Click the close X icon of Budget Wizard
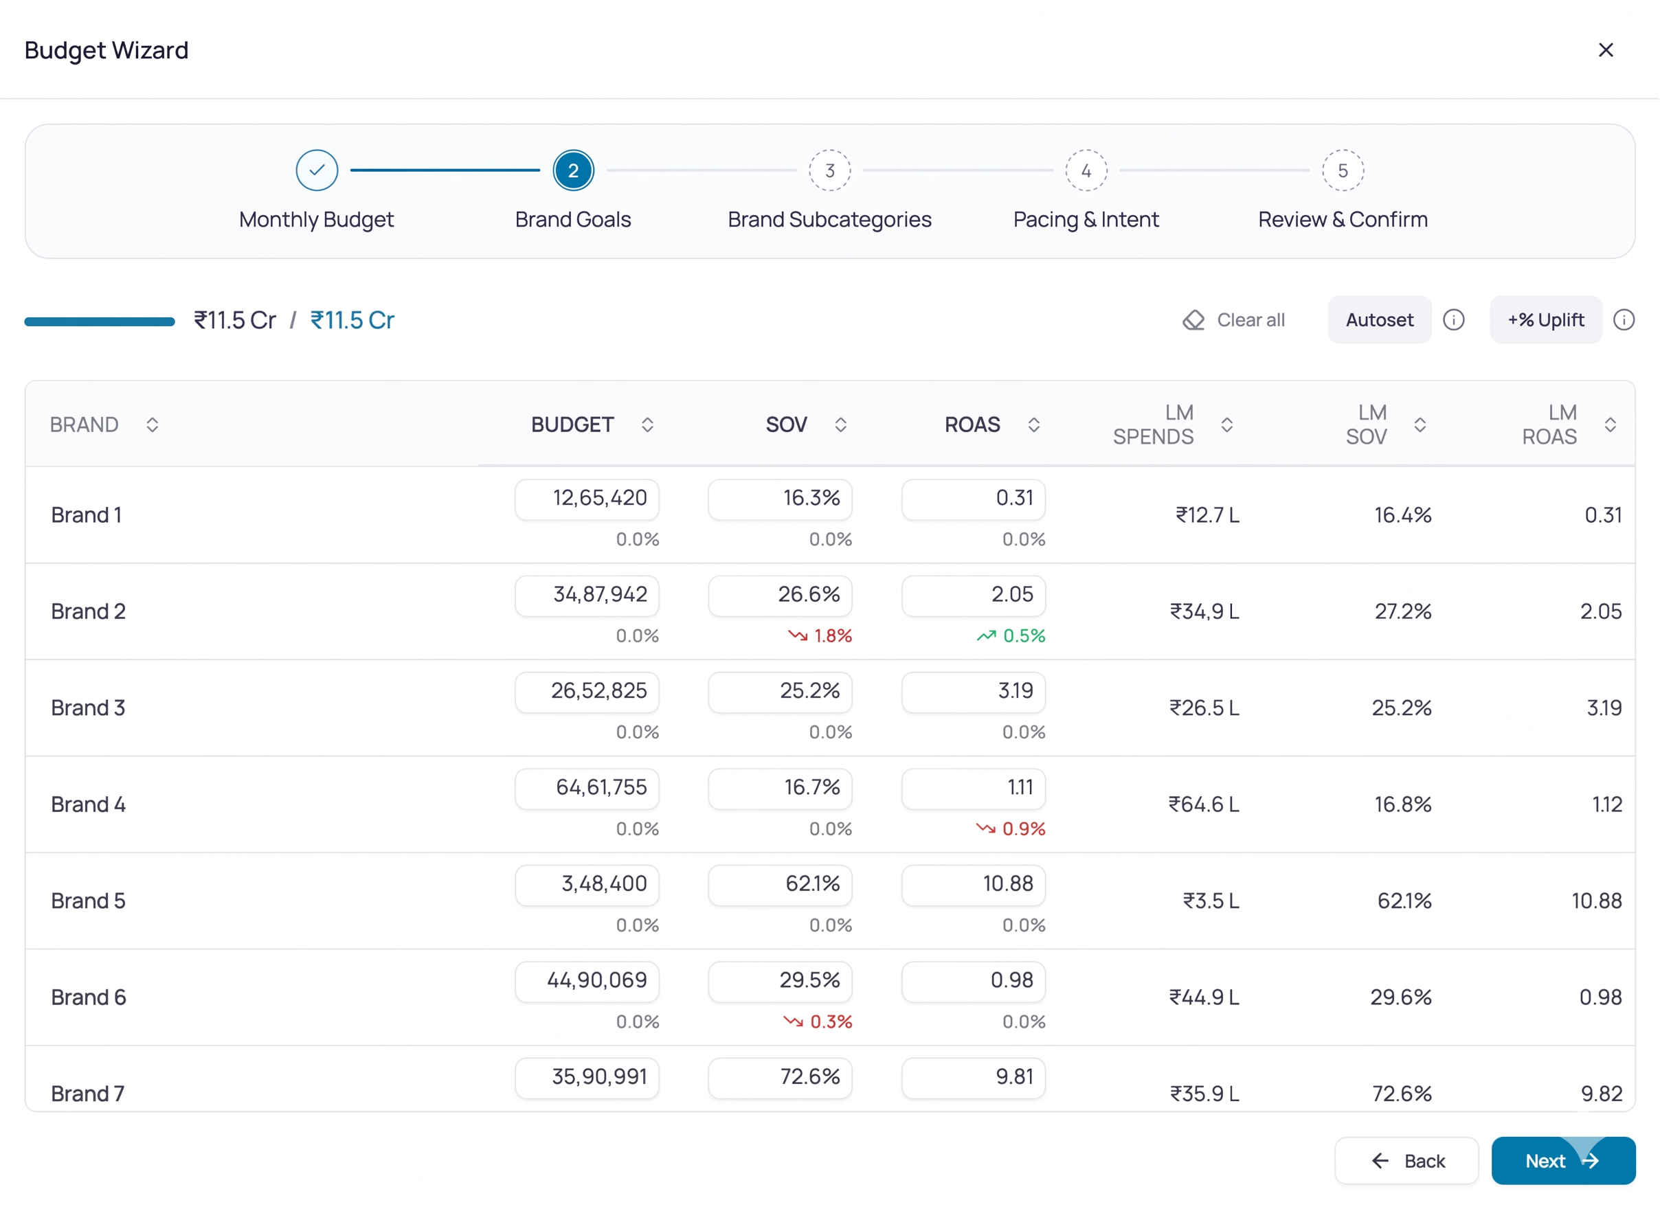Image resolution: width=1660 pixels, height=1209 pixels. point(1605,49)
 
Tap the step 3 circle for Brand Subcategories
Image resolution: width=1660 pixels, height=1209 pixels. point(829,170)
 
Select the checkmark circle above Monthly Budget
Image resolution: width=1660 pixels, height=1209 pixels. point(317,170)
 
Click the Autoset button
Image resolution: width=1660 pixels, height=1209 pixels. point(1380,320)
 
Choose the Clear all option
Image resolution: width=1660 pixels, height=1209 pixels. point(1234,320)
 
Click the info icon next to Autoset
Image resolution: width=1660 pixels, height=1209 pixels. point(1454,320)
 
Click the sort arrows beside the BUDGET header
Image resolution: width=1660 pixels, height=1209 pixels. point(647,425)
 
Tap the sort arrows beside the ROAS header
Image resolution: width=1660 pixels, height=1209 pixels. point(1033,425)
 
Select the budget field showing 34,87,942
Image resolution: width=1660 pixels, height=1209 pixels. point(587,595)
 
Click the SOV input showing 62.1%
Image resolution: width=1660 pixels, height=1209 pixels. point(781,885)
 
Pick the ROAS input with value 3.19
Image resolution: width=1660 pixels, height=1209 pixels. point(974,692)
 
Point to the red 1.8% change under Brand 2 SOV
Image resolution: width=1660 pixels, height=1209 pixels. point(820,636)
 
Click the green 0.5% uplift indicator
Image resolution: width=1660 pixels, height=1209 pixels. point(1011,636)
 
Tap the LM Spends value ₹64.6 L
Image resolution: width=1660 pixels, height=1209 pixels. point(1204,804)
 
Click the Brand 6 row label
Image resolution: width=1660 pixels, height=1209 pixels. point(89,997)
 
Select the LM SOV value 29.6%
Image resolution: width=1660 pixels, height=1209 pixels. point(1401,997)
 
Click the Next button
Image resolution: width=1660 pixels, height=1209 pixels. point(1563,1161)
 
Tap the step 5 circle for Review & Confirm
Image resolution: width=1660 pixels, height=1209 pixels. point(1343,170)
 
